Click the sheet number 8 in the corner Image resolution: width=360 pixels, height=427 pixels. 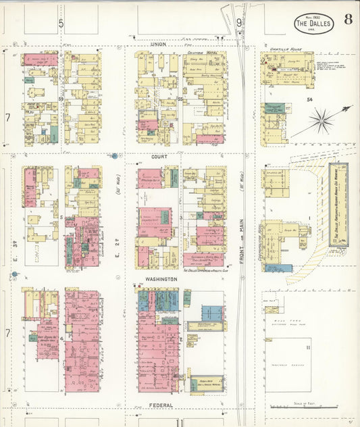347,18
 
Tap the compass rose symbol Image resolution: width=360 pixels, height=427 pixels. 323,122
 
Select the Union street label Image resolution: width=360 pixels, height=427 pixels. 158,45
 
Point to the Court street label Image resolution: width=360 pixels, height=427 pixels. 159,156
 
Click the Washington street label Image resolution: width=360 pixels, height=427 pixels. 160,278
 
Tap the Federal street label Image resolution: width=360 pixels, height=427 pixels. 159,405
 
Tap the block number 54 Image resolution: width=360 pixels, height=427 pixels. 309,99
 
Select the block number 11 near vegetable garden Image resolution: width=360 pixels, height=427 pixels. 308,347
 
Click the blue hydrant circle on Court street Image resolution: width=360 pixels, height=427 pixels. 115,156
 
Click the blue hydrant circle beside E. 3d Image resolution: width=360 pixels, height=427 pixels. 14,274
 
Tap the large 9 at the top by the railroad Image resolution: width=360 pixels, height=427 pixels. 239,23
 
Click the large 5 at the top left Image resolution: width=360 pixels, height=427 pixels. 61,23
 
